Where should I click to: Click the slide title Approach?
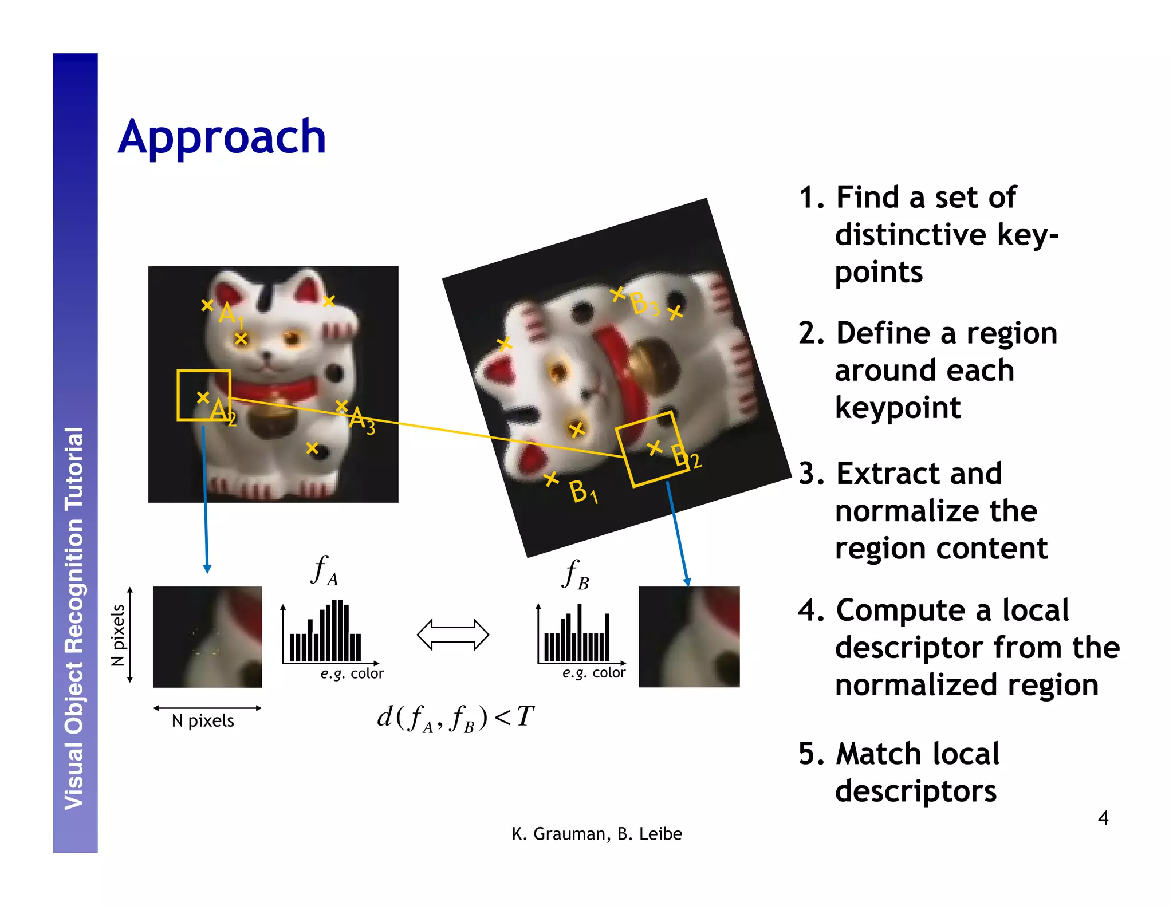coord(222,137)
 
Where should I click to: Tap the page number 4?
coord(1103,817)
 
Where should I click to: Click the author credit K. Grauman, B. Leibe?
coord(596,834)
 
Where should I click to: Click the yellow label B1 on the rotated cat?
coord(583,492)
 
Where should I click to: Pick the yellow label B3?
coord(644,304)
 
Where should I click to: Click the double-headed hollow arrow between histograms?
coord(452,635)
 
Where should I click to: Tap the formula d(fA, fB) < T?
coord(455,718)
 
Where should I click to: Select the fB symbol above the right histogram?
coord(575,574)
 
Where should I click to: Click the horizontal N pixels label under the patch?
coord(203,720)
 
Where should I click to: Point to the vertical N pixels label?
coord(118,635)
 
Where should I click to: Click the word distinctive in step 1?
coord(911,234)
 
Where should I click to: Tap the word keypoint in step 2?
coord(898,408)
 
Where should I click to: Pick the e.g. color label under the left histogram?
coord(352,673)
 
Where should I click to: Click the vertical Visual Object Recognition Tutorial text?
coord(74,619)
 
